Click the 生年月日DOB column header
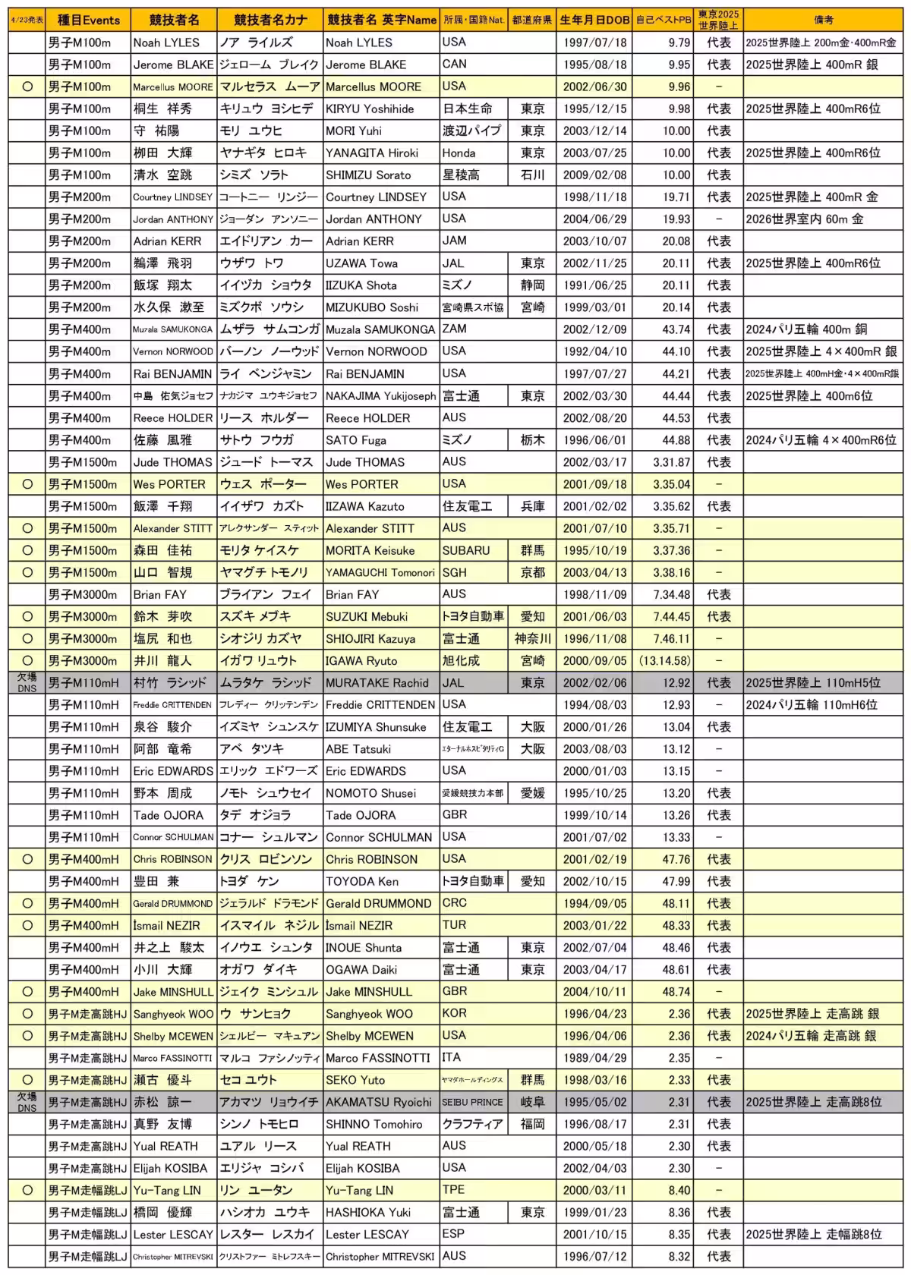[594, 20]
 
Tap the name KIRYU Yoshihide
[370, 109]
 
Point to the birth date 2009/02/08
[594, 175]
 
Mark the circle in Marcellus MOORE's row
[27, 87]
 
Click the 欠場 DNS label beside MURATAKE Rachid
[27, 682]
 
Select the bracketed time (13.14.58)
[664, 661]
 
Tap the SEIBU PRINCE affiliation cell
[472, 1102]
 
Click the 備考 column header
[823, 20]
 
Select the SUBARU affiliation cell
[466, 550]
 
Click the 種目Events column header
[87, 20]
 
